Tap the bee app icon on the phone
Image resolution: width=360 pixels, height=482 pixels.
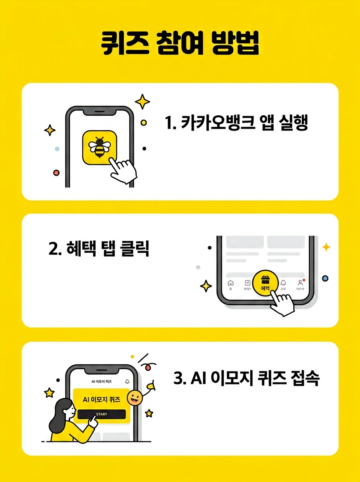[x=99, y=147]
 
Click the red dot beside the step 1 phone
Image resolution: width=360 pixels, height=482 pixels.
[x=56, y=172]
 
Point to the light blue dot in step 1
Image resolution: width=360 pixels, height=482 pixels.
[x=57, y=149]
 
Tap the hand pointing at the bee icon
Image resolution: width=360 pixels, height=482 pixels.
[x=124, y=170]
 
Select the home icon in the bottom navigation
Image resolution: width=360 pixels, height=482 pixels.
[x=231, y=282]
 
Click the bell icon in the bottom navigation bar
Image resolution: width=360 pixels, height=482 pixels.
[x=283, y=282]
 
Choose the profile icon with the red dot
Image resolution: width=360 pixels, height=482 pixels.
[x=300, y=282]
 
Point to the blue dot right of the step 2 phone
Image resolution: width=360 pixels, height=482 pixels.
[x=325, y=278]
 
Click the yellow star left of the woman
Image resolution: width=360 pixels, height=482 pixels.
[x=49, y=392]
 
